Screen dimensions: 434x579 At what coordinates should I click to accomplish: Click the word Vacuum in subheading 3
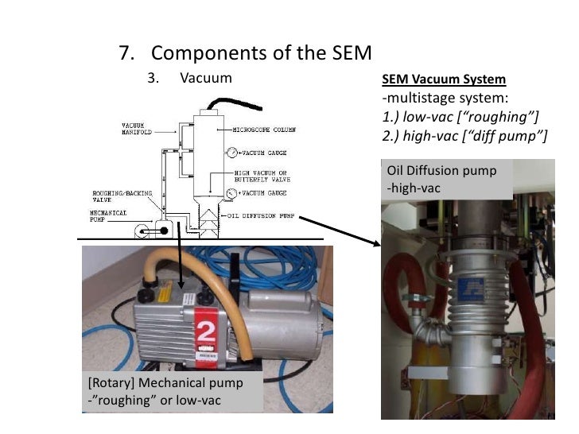pyautogui.click(x=206, y=78)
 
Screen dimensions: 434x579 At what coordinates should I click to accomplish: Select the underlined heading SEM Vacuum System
pyautogui.click(x=443, y=80)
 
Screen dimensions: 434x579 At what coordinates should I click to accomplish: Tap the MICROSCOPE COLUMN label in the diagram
pyautogui.click(x=259, y=130)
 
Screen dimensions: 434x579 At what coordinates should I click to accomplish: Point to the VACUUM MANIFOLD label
pyautogui.click(x=138, y=127)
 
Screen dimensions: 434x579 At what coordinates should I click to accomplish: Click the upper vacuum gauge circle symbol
pyautogui.click(x=231, y=151)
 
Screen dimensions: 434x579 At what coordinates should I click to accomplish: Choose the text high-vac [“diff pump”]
pyautogui.click(x=465, y=136)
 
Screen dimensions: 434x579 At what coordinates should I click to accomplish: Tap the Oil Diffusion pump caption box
pyautogui.click(x=447, y=180)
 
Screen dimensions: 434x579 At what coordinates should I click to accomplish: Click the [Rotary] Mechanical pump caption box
pyautogui.click(x=172, y=392)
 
